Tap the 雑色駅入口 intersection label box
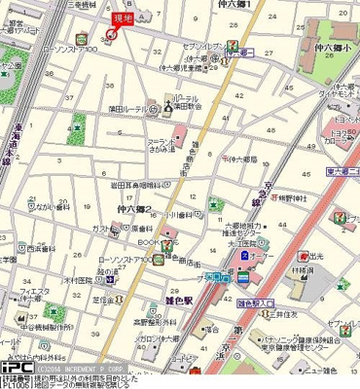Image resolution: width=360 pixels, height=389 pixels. click(x=255, y=302)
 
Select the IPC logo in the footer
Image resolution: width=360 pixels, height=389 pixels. click(x=16, y=370)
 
